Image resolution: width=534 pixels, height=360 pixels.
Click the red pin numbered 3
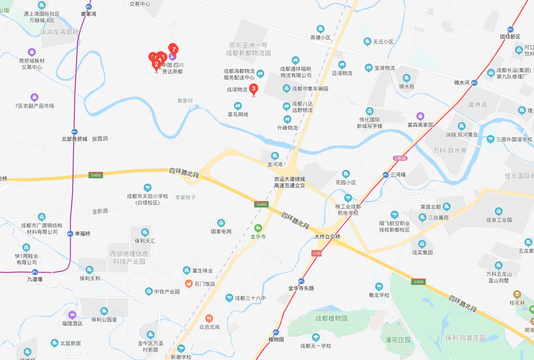(x=253, y=89)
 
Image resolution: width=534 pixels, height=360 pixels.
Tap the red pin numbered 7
(x=173, y=49)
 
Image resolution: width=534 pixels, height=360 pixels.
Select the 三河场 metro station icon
(x=386, y=175)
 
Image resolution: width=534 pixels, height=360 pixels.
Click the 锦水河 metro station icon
(x=474, y=83)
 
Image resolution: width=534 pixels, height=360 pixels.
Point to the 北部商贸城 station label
(x=74, y=139)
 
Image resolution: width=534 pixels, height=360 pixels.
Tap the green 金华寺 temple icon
(x=258, y=228)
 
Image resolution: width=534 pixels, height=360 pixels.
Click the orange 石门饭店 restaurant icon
(x=188, y=283)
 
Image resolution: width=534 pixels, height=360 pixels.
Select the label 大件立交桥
(x=327, y=237)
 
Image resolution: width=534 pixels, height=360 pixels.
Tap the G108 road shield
(x=317, y=253)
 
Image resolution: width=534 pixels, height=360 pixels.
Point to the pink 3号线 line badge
(x=400, y=158)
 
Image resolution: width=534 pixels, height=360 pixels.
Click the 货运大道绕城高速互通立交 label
(x=290, y=182)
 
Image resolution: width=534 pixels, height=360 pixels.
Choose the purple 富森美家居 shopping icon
(x=420, y=116)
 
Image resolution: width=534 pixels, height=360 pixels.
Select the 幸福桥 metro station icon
(x=70, y=234)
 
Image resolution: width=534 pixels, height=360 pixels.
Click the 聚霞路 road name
(x=100, y=138)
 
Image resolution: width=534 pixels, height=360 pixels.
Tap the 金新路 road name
(x=100, y=211)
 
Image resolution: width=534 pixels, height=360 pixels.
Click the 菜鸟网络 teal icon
(x=238, y=106)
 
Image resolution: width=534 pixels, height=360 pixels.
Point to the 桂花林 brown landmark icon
(x=517, y=295)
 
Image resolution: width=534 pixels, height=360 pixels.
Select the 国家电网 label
(x=221, y=231)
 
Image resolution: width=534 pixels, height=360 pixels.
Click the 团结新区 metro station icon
(x=510, y=30)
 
